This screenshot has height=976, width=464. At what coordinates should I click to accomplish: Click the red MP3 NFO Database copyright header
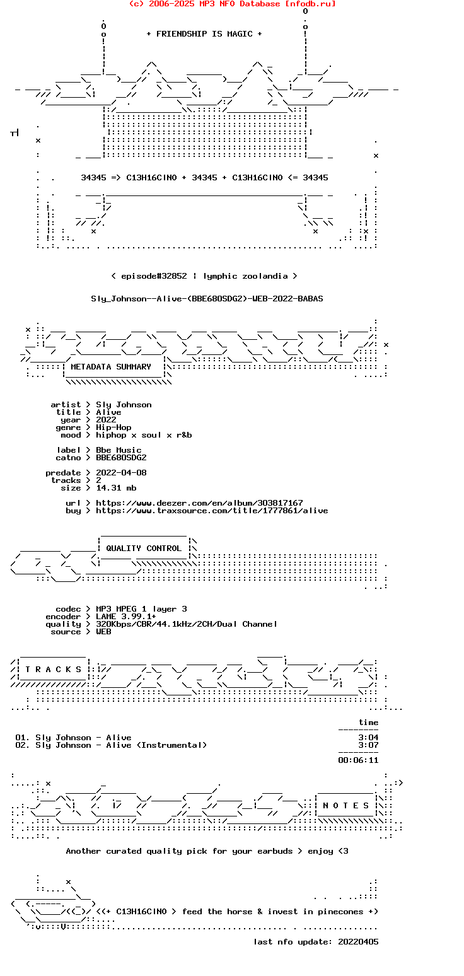pyautogui.click(x=232, y=4)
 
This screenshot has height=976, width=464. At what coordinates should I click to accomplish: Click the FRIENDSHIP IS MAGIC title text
pyautogui.click(x=204, y=34)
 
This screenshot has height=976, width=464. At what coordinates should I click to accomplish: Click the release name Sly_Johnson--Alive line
pyautogui.click(x=207, y=299)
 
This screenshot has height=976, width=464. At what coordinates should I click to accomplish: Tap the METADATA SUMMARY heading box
pyautogui.click(x=111, y=367)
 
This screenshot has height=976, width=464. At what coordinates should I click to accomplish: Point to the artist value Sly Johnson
pyautogui.click(x=124, y=405)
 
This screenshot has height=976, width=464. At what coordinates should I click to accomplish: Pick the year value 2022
pyautogui.click(x=106, y=420)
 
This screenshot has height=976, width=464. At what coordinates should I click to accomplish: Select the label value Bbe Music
pyautogui.click(x=119, y=450)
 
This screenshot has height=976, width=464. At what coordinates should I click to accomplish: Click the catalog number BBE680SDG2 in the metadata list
pyautogui.click(x=121, y=458)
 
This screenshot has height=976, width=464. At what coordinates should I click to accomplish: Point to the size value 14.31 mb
pyautogui.click(x=116, y=488)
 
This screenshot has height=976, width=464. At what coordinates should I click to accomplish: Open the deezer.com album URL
pyautogui.click(x=199, y=503)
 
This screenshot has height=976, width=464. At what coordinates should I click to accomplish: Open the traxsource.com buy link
pyautogui.click(x=212, y=511)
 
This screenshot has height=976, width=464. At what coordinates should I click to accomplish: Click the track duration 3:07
pyautogui.click(x=368, y=745)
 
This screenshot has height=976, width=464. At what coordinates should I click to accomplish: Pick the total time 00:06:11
pyautogui.click(x=358, y=760)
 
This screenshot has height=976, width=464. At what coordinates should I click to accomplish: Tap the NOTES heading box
pyautogui.click(x=346, y=806)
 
